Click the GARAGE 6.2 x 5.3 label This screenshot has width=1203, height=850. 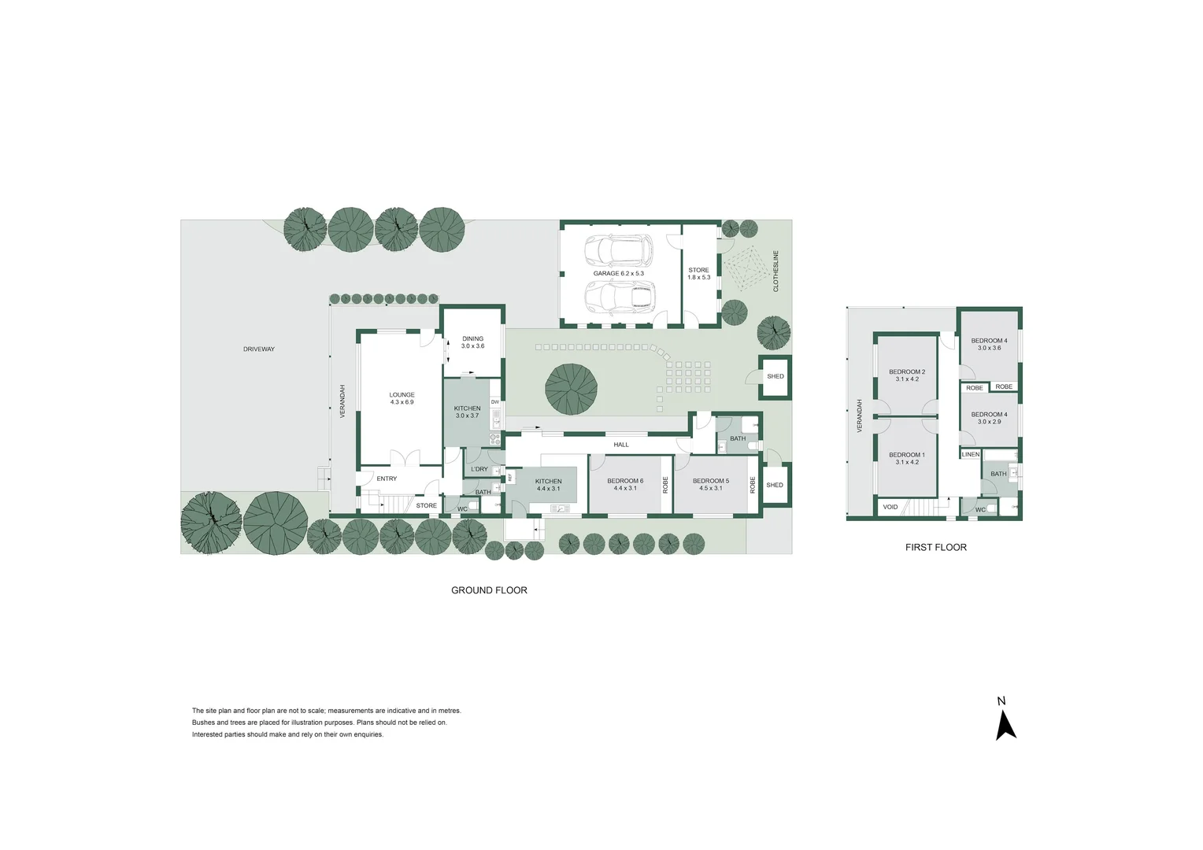(618, 274)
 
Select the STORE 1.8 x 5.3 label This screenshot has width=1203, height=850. (698, 274)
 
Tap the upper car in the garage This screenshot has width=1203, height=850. (619, 251)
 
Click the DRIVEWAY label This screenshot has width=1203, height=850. (259, 349)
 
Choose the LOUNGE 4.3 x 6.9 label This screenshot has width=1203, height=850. (402, 398)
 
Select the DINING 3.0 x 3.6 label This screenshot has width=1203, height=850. (472, 342)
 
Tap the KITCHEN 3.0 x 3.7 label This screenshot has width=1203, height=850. (467, 412)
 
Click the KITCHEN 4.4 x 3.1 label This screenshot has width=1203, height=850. (549, 485)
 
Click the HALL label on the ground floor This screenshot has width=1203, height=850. (621, 445)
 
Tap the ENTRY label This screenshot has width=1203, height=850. (387, 479)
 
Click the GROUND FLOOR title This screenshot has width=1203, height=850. (489, 590)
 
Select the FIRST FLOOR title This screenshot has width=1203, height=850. (935, 547)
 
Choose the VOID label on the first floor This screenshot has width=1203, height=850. (890, 507)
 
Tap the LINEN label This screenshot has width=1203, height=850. (971, 454)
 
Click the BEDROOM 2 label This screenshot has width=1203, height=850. (907, 375)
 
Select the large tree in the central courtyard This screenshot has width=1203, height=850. (571, 389)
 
